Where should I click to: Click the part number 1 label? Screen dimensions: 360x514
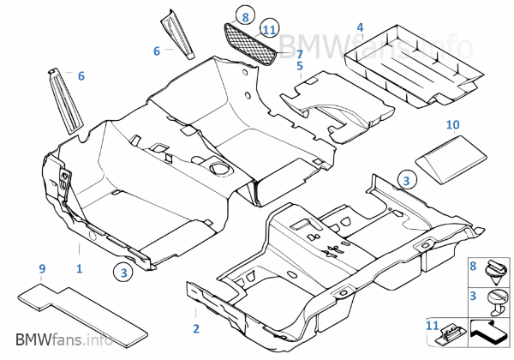click(79, 268)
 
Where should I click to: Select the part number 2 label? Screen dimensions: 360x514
click(195, 328)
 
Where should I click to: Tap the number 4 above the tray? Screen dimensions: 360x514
click(360, 28)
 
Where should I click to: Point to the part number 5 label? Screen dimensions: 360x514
click(300, 65)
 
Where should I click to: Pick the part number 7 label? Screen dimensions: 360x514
click(300, 54)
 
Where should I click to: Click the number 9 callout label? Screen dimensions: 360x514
click(42, 268)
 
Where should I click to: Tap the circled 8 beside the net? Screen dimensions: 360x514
click(245, 16)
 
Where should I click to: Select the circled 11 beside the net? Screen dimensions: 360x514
click(269, 30)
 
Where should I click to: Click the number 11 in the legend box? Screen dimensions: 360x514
click(432, 326)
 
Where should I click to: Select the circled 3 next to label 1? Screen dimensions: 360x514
click(126, 273)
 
